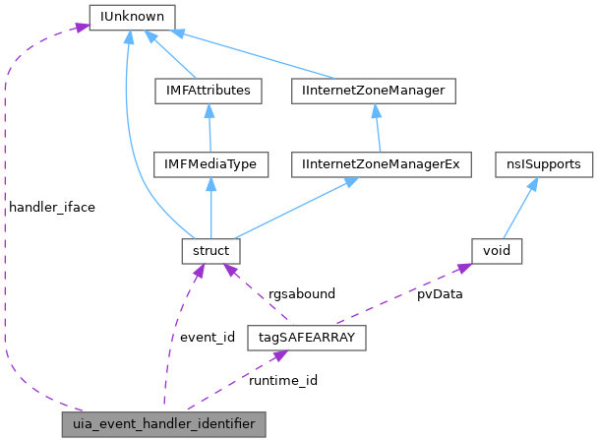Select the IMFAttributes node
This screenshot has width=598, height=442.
(208, 92)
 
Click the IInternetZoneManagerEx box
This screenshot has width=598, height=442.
(382, 165)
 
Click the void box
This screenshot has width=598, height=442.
(496, 251)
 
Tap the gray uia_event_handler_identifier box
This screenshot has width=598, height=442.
(163, 424)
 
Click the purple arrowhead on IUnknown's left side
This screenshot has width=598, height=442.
(81, 29)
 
